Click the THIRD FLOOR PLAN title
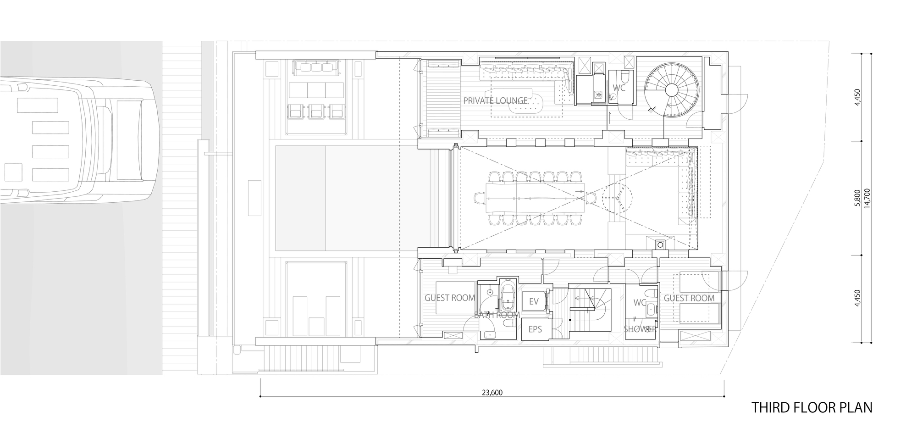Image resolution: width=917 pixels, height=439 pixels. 812,407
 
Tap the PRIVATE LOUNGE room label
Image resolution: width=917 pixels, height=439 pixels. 495,100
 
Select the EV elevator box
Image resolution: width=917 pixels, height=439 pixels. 534,301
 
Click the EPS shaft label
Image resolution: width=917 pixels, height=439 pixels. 535,329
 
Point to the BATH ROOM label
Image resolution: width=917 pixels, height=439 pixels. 497,315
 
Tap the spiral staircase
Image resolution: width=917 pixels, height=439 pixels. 673,89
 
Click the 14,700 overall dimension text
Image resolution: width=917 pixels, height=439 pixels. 866,198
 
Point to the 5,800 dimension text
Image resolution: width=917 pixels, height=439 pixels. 857,198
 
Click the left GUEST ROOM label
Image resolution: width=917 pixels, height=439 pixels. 450,298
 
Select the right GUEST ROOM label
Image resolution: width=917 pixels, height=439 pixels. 689,298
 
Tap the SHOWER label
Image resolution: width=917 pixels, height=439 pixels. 640,329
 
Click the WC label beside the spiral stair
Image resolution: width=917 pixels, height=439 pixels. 619,88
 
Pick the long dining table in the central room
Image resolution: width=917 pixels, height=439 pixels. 537,198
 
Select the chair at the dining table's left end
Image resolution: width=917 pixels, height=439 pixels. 479,198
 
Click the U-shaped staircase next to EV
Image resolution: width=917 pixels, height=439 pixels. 591,310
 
